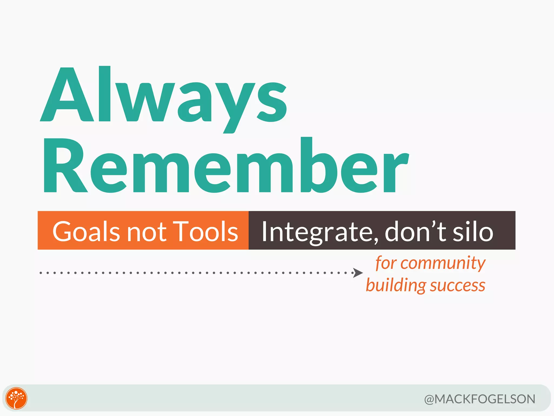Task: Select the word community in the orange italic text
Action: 443,263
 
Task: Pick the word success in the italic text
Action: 458,286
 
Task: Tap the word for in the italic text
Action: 386,263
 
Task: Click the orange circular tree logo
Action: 17,398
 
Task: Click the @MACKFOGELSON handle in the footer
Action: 480,399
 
